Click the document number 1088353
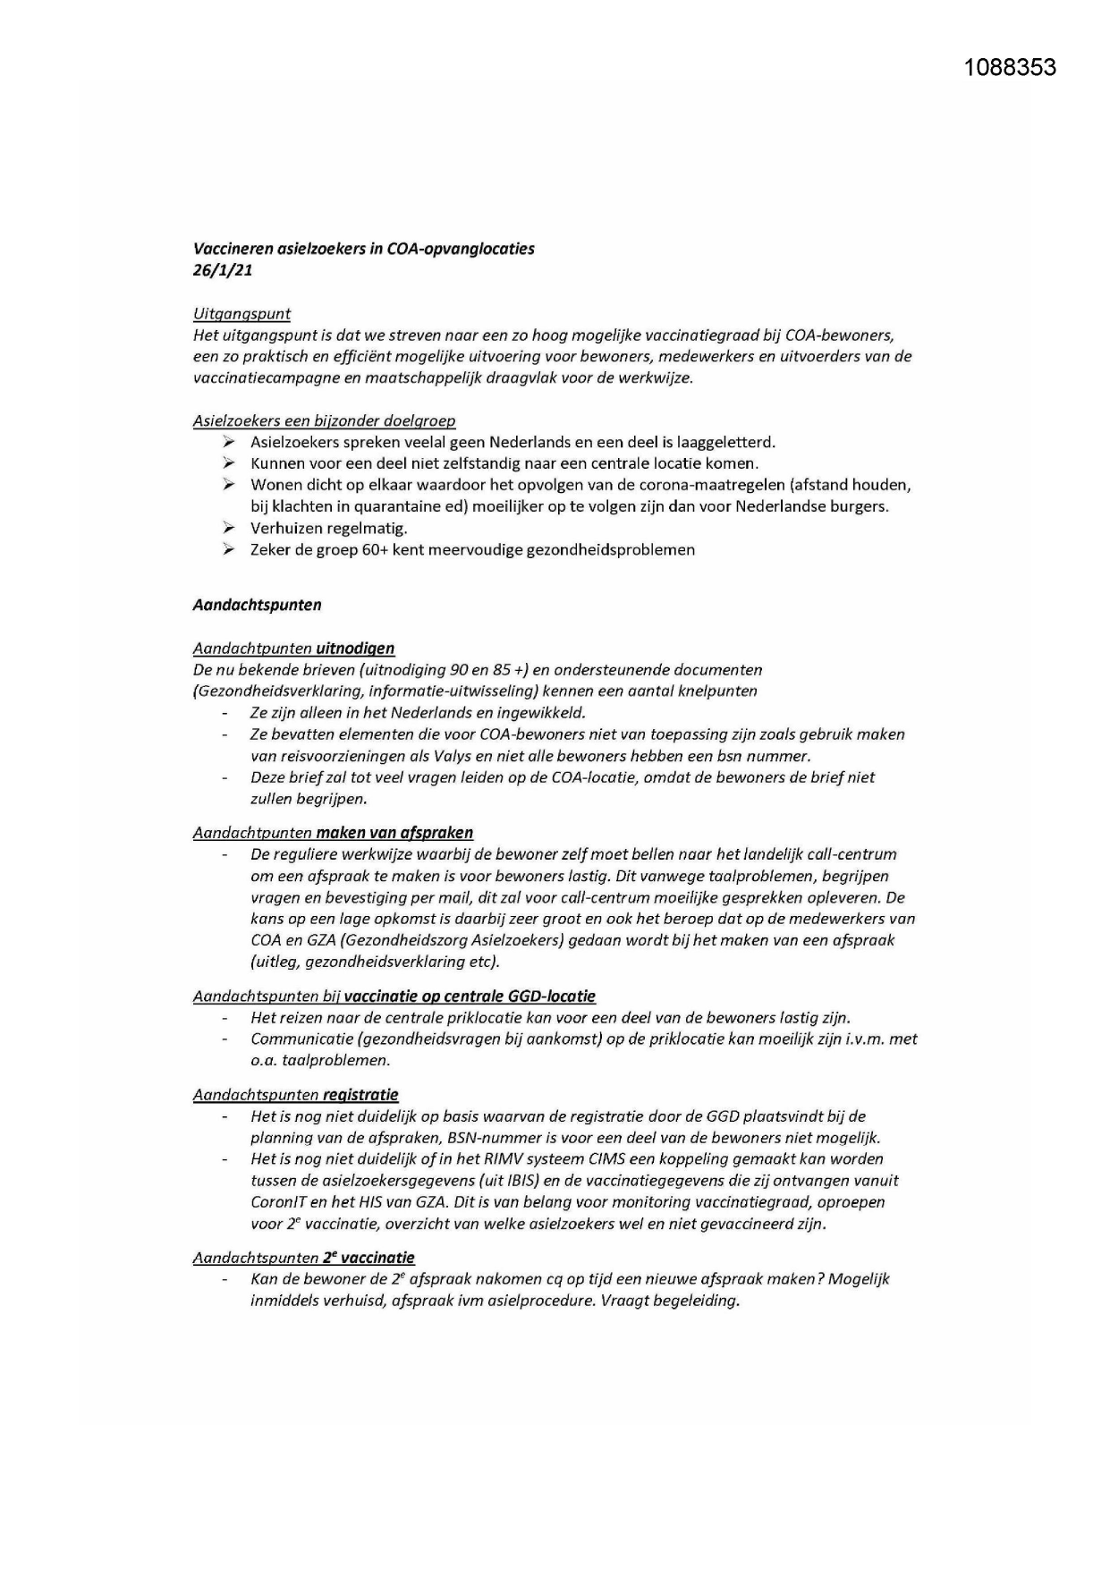[1010, 68]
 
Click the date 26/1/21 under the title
[222, 270]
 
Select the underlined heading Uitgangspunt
[241, 314]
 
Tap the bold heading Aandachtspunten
[257, 605]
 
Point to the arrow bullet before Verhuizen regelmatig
[229, 528]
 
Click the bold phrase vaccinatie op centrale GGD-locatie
[470, 997]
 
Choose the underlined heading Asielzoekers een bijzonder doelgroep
[324, 420]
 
